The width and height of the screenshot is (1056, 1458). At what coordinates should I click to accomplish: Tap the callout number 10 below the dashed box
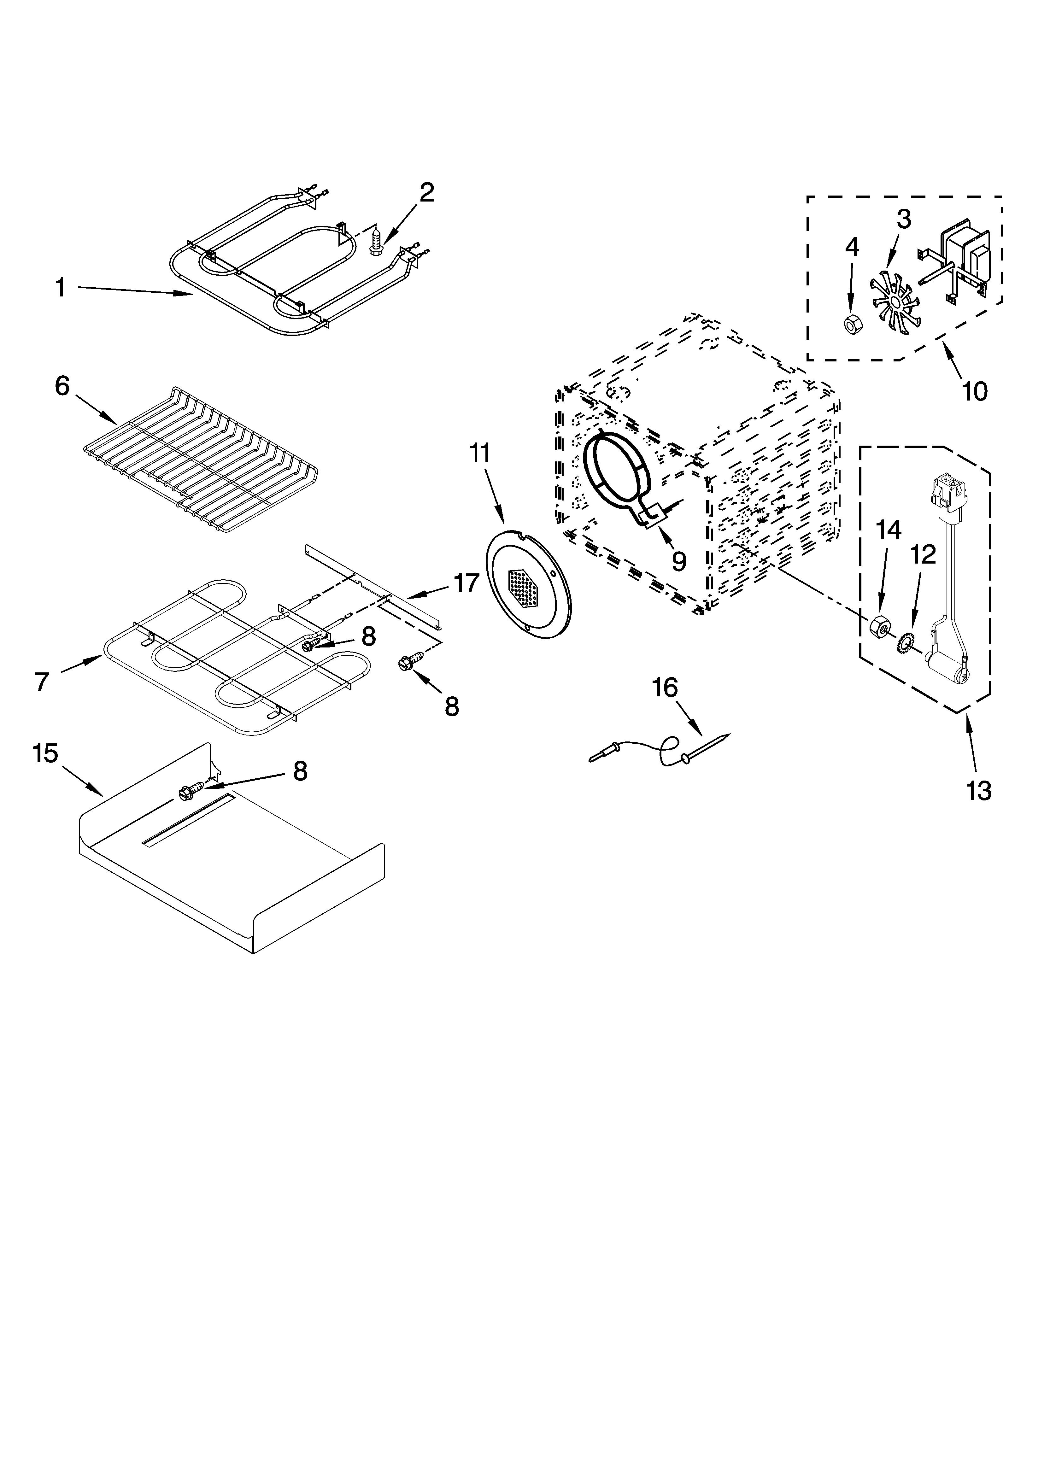974,390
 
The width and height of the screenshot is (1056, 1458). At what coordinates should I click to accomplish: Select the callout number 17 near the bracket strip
467,583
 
